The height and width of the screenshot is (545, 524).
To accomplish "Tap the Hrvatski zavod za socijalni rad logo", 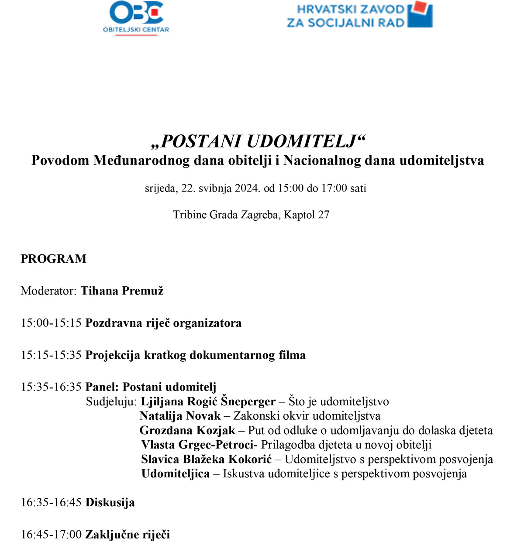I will tap(359, 15).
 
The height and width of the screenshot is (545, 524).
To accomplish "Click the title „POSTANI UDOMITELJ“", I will tap(258, 141).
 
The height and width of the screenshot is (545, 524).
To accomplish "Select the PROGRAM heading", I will tap(54, 259).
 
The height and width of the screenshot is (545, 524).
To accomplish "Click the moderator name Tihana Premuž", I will tap(122, 291).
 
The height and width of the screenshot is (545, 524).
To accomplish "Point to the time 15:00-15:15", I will tap(51, 323).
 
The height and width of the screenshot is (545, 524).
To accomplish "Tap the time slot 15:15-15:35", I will tap(51, 355).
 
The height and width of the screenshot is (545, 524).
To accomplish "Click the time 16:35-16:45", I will tap(51, 502).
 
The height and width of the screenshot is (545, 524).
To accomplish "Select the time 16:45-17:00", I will tap(51, 534).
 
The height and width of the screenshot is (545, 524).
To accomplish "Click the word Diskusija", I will tap(110, 502).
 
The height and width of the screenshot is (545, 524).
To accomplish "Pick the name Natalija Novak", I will tap(180, 416).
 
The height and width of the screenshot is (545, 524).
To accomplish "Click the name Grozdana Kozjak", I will tap(187, 430).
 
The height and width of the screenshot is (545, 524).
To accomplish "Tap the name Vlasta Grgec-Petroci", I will tap(197, 445).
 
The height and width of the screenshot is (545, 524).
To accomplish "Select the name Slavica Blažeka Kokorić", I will tap(206, 459).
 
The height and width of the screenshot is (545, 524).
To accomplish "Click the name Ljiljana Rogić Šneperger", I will tap(208, 401).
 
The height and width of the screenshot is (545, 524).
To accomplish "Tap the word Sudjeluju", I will tap(111, 401).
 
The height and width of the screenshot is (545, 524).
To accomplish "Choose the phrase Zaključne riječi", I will tap(128, 534).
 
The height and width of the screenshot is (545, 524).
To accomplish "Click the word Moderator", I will tap(48, 291).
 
